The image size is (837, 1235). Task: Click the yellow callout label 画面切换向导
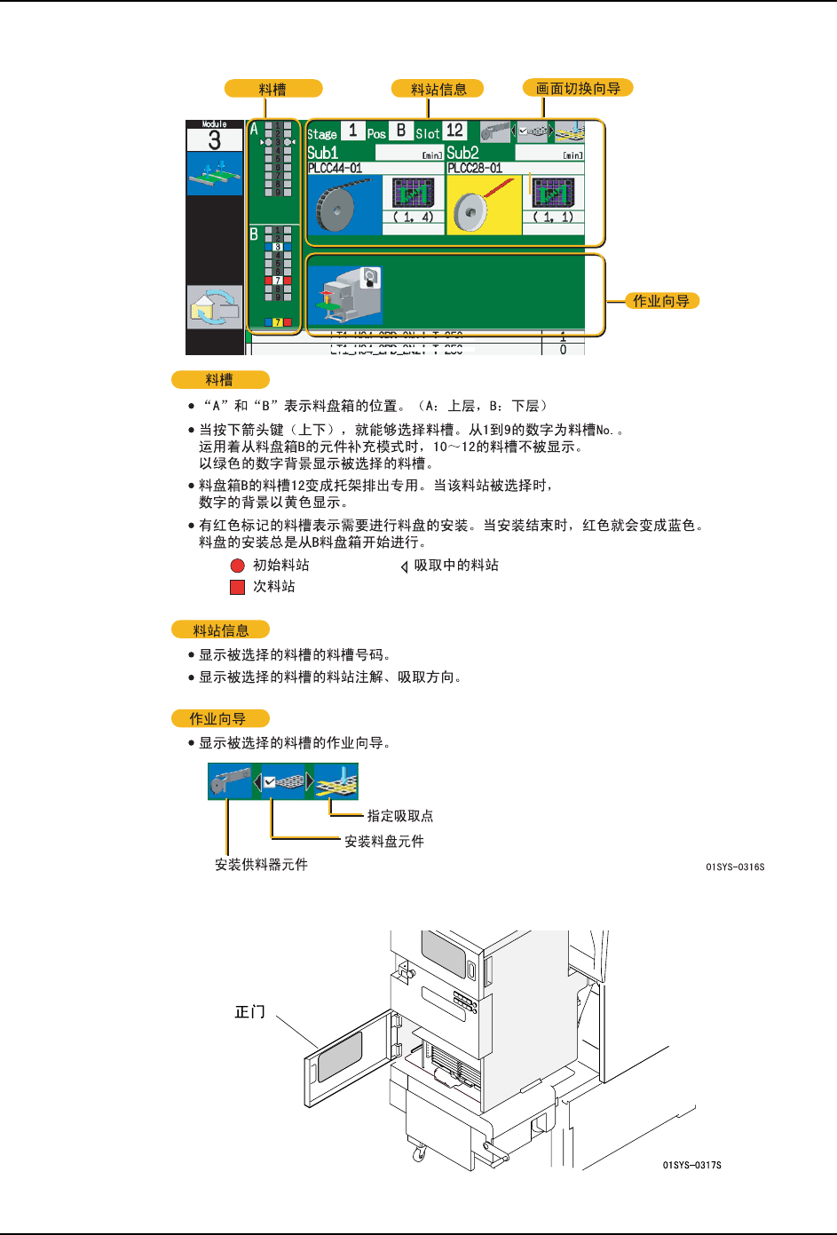click(578, 88)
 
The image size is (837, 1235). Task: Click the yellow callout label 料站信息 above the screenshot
click(438, 89)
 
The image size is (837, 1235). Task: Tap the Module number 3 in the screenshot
click(214, 140)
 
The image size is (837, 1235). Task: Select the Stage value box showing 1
click(352, 131)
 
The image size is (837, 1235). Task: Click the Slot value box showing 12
click(454, 131)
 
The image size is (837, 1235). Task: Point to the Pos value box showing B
click(401, 131)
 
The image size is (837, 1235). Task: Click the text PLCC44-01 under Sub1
click(335, 168)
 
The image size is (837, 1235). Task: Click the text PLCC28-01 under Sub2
click(475, 168)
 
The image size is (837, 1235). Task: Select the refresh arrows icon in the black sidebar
click(214, 307)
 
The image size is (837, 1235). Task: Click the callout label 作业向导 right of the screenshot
click(660, 301)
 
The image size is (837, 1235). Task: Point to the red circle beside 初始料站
click(237, 566)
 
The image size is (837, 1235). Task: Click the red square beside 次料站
click(237, 587)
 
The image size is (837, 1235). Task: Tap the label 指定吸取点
click(400, 816)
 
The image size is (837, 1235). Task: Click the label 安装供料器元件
click(261, 864)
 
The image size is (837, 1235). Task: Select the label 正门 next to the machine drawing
click(249, 1012)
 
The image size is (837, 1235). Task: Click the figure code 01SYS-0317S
click(691, 1165)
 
